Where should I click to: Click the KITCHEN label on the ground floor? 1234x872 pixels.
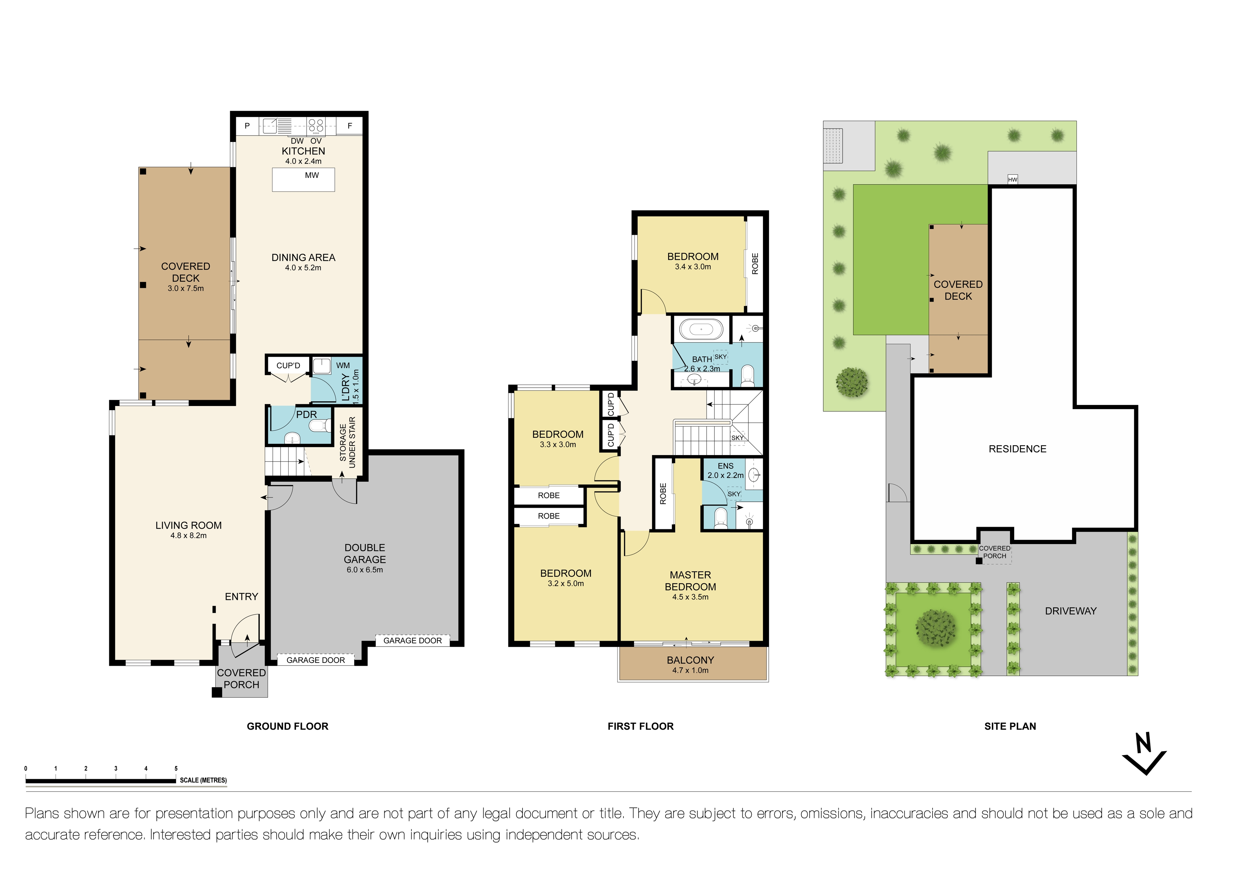(303, 151)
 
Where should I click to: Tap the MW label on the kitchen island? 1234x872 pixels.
(312, 175)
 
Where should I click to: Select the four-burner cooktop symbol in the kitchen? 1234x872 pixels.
(316, 126)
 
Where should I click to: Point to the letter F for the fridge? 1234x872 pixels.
(350, 126)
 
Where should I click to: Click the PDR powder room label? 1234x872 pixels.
(306, 414)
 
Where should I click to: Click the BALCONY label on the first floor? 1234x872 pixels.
(690, 660)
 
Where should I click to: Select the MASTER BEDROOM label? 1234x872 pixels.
(690, 581)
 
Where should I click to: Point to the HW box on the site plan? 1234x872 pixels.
(1013, 180)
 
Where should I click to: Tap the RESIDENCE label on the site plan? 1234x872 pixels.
(1017, 449)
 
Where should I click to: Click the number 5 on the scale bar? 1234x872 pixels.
(176, 768)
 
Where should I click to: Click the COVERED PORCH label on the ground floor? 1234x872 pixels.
(241, 679)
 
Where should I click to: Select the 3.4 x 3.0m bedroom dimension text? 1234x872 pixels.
(693, 267)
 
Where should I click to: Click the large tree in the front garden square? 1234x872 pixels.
(936, 628)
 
